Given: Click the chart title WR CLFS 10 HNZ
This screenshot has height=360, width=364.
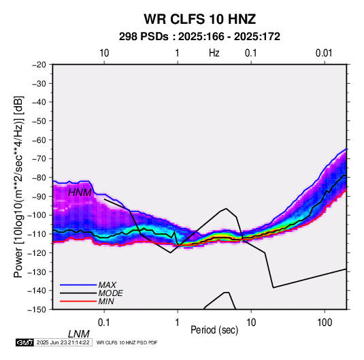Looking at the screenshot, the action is click(199, 19).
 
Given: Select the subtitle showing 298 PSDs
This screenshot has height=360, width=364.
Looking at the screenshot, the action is click(199, 37).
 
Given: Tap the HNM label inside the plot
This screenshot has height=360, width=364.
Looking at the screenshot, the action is click(80, 193).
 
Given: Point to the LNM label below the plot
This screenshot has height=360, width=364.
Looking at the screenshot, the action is click(79, 334).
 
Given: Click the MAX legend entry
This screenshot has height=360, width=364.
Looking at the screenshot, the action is click(107, 284).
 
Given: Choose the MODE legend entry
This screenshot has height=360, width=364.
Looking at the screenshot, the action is click(110, 293).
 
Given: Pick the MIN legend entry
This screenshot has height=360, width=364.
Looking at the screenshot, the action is click(106, 301).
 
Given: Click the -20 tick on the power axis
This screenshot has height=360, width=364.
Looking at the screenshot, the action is click(39, 65).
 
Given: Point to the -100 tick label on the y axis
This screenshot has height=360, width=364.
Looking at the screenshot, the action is click(37, 215).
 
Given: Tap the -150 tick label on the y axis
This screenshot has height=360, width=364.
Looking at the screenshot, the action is click(37, 310).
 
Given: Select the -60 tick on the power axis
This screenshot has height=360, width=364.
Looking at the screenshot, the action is click(39, 140).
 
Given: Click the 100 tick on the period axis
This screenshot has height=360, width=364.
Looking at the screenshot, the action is click(325, 323).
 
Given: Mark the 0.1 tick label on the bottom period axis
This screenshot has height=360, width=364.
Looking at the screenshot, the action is click(104, 323).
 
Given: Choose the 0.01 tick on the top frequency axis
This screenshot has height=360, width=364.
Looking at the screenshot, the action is click(324, 53).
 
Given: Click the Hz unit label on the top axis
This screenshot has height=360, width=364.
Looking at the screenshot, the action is click(214, 53).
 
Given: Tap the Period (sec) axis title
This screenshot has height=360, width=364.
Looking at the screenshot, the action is click(214, 330).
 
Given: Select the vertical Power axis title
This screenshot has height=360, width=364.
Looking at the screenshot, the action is click(18, 187).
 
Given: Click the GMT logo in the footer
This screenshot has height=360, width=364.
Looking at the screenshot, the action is click(24, 342).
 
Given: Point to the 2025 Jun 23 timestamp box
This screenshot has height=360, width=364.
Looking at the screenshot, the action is click(63, 342).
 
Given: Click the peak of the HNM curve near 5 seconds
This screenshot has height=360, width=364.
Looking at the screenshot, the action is click(226, 208).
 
